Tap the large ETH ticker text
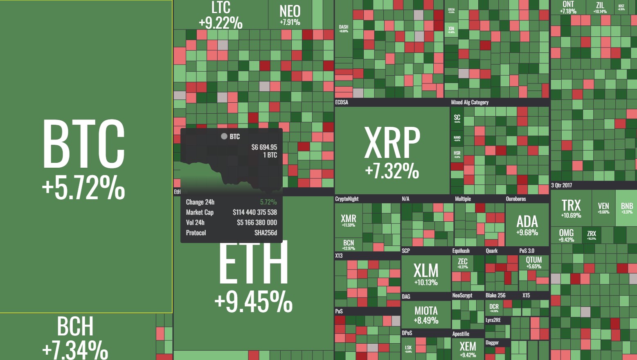pyautogui.click(x=253, y=263)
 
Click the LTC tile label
pyautogui.click(x=221, y=8)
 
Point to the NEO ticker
pyautogui.click(x=290, y=11)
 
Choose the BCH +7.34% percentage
pyautogui.click(x=75, y=350)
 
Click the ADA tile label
pyautogui.click(x=527, y=222)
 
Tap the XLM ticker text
pyautogui.click(x=426, y=270)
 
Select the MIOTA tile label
pyautogui.click(x=426, y=311)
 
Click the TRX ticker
pyautogui.click(x=571, y=205)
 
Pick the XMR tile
pyautogui.click(x=349, y=219)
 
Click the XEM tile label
pyautogui.click(x=468, y=346)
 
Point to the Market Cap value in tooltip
pyautogui.click(x=254, y=212)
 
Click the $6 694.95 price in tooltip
pyautogui.click(x=264, y=147)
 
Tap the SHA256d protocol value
pyautogui.click(x=266, y=233)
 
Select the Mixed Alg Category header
pyautogui.click(x=470, y=102)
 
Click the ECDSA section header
pyautogui.click(x=342, y=102)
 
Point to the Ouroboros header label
pyautogui.click(x=516, y=199)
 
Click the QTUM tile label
pyautogui.click(x=533, y=260)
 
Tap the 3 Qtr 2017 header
pyautogui.click(x=561, y=185)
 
